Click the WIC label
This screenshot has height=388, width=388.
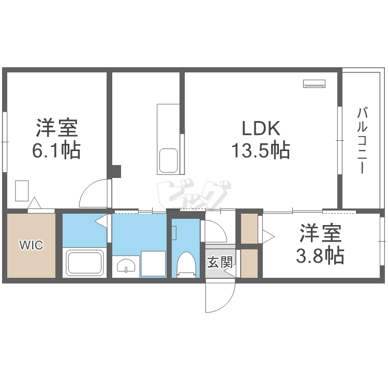click(x=31, y=245)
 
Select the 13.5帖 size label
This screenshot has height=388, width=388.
click(x=260, y=151)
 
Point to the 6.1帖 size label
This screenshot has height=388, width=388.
click(x=56, y=150)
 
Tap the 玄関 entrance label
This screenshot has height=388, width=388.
click(x=219, y=262)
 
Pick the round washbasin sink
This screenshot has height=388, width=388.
click(x=125, y=266)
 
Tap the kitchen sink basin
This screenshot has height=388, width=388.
click(x=168, y=160)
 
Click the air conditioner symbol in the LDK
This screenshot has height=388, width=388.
click(x=314, y=83)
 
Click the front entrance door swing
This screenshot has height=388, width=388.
click(x=218, y=296)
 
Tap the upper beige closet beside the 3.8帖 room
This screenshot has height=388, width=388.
click(x=249, y=228)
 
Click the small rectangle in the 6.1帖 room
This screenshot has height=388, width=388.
click(x=22, y=190)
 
